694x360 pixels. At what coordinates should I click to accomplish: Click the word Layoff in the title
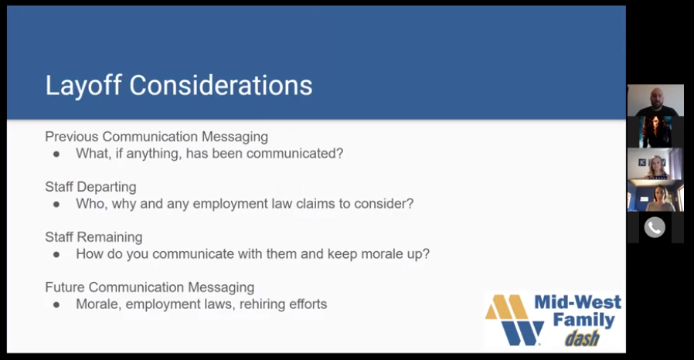click(83, 85)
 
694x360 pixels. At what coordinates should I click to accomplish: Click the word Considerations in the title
click(221, 85)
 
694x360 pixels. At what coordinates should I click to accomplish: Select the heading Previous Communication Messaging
click(156, 137)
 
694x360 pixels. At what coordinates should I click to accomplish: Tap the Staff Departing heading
click(90, 187)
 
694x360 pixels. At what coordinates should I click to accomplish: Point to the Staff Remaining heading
click(94, 237)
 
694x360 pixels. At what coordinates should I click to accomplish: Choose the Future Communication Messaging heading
click(150, 287)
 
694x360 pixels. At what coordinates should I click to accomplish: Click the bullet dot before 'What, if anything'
click(56, 155)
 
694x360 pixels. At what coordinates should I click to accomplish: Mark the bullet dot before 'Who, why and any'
click(56, 204)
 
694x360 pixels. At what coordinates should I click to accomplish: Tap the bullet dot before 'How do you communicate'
click(56, 255)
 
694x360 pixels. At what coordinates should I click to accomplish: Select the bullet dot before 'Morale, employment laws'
click(56, 304)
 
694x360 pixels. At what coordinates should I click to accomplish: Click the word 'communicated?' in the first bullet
click(294, 154)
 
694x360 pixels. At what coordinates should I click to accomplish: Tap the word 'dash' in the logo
click(582, 338)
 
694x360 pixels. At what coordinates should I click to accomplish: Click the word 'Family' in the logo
click(583, 320)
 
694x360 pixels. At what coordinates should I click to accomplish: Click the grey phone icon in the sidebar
click(655, 227)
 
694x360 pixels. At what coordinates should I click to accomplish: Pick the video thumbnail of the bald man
click(655, 100)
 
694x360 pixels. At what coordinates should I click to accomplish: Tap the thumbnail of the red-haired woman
click(655, 132)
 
